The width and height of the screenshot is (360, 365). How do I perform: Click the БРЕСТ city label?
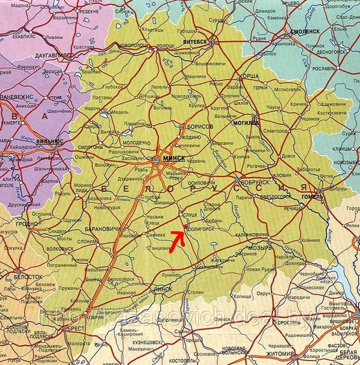pyautogui.click(x=74, y=329)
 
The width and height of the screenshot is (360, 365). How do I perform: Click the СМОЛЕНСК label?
pyautogui.click(x=306, y=32)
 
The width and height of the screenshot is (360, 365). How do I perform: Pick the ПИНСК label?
pyautogui.click(x=163, y=289)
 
